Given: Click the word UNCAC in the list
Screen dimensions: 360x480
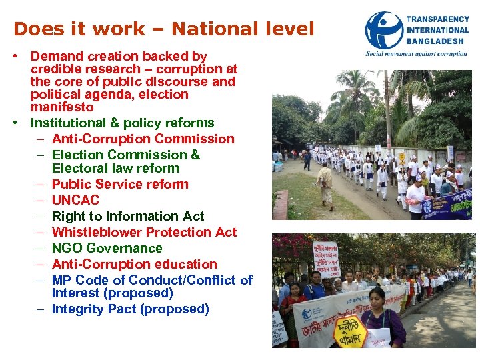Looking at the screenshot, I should point(75,200).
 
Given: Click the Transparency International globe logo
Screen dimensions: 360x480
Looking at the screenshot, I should point(385,30).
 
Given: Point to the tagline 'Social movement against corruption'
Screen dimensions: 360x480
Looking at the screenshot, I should point(416,53).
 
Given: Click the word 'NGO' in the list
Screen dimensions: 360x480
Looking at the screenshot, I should point(65,248).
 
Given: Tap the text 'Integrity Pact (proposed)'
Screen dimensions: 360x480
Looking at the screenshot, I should point(131,309).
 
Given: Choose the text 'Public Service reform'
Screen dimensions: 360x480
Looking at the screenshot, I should point(120,184).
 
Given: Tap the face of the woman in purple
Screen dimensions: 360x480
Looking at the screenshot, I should point(377,299).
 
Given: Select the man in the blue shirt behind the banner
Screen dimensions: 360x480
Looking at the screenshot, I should point(314,287).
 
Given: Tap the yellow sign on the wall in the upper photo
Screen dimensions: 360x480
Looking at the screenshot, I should point(402,159).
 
